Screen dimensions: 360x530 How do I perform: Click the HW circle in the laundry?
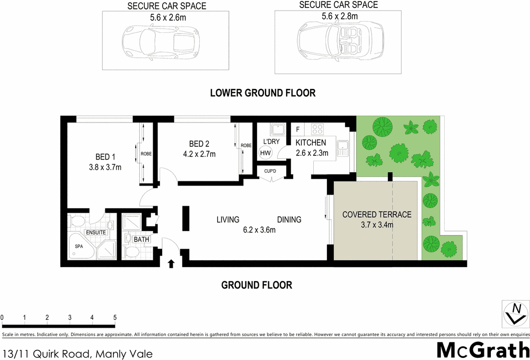(x=265, y=152)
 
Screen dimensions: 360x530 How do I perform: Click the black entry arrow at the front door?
(x=171, y=263)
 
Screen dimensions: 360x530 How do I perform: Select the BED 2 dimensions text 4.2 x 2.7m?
(x=199, y=154)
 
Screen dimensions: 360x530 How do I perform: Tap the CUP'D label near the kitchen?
(x=271, y=171)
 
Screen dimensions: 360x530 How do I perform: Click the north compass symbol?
(x=515, y=313)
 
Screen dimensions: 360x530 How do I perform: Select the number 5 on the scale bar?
(x=115, y=318)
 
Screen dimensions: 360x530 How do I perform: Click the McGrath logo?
(x=483, y=349)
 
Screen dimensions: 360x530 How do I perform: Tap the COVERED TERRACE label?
(x=377, y=215)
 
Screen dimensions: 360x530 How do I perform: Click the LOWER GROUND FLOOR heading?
(x=262, y=93)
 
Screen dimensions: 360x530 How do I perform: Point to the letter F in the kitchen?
(x=298, y=129)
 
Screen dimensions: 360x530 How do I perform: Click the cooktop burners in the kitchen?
(x=317, y=128)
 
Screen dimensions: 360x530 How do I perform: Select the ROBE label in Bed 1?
(x=146, y=154)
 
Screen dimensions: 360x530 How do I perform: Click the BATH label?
(x=142, y=240)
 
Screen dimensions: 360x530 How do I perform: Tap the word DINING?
(x=289, y=219)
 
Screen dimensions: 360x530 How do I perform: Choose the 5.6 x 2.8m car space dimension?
(x=340, y=16)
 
